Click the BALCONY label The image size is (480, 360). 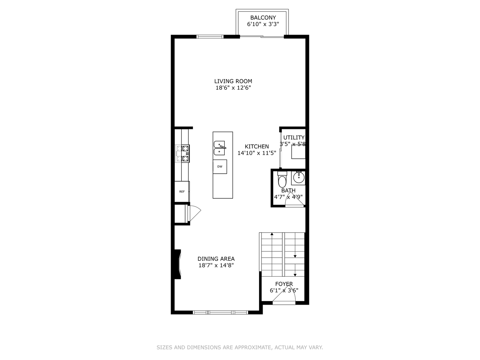click(x=263, y=17)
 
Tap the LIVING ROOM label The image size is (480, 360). click(x=233, y=81)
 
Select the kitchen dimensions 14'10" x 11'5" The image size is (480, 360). click(x=257, y=153)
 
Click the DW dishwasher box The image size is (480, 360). click(x=220, y=167)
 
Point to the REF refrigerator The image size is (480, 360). click(x=182, y=191)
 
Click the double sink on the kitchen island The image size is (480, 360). click(x=220, y=148)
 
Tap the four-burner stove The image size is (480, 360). click(x=182, y=153)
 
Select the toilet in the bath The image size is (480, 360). click(x=282, y=179)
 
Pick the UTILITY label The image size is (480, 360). click(x=294, y=137)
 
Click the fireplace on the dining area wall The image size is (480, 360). click(x=178, y=264)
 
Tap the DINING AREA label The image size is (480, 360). click(x=216, y=259)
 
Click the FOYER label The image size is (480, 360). click(x=284, y=284)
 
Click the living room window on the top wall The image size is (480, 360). click(x=210, y=37)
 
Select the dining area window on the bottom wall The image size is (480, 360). click(x=220, y=312)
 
